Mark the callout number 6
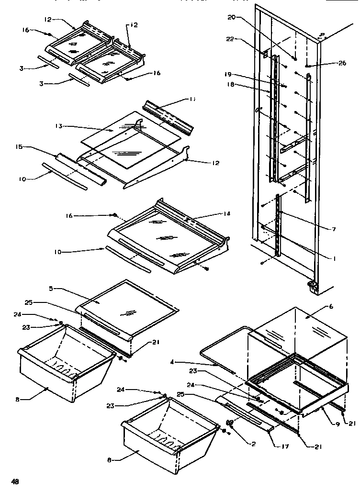click(331, 306)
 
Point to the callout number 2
click(254, 444)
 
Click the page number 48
click(15, 481)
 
